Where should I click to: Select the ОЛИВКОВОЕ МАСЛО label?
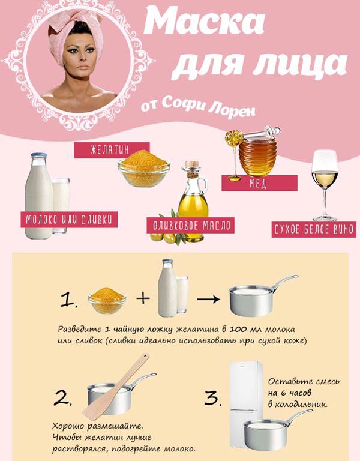[x=190, y=226]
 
